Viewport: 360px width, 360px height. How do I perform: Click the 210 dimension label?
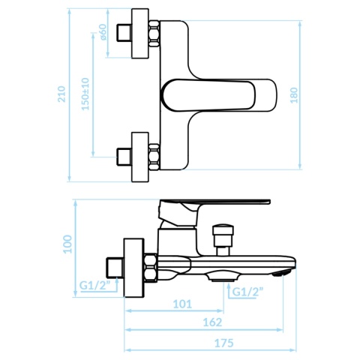pyautogui.click(x=61, y=94)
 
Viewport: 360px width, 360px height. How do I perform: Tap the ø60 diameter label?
pyautogui.click(x=103, y=32)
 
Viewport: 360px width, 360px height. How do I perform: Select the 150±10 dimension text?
pyautogui.click(x=85, y=94)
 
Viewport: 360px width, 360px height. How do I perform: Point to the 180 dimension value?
pyautogui.click(x=294, y=95)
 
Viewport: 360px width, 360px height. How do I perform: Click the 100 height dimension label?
pyautogui.click(x=67, y=244)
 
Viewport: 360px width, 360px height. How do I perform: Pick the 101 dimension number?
pyautogui.click(x=182, y=304)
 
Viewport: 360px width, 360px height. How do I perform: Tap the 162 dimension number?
pyautogui.click(x=212, y=322)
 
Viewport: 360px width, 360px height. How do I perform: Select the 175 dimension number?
pyautogui.click(x=224, y=343)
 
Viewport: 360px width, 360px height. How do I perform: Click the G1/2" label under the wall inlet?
pyautogui.click(x=95, y=285)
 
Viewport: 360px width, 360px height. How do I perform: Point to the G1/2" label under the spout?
pyautogui.click(x=248, y=292)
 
